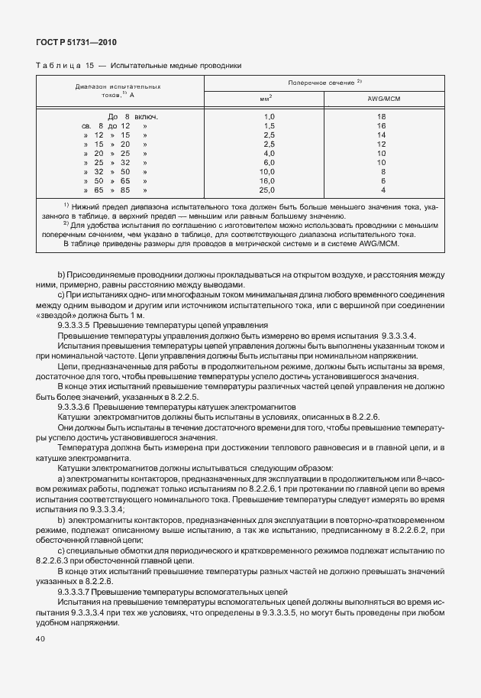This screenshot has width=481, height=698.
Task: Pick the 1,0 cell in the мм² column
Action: coord(269,116)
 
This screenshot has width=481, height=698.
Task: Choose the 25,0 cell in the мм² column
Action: coord(267,190)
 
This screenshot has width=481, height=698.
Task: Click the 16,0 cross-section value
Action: coord(267,180)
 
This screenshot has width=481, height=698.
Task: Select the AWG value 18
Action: coord(382,116)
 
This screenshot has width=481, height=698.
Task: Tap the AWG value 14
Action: coord(382,135)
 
